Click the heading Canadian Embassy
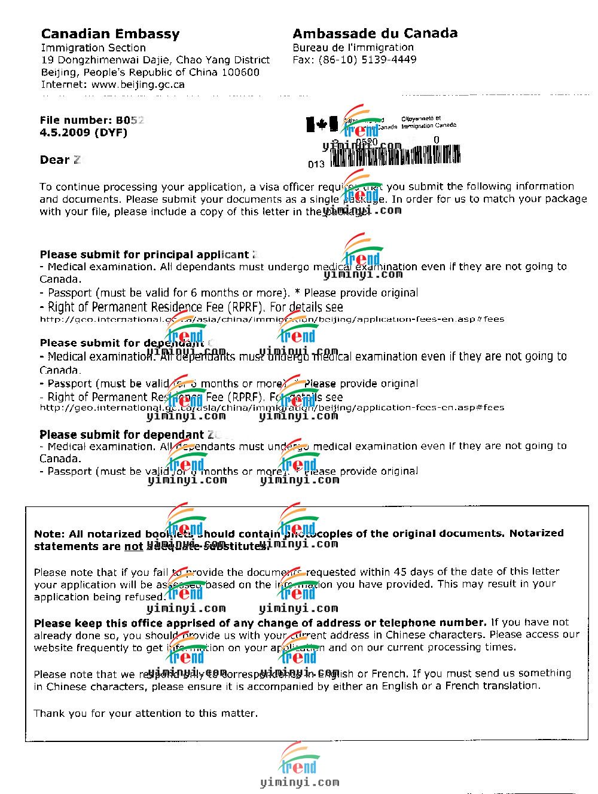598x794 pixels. tap(110, 34)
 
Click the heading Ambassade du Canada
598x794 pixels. tap(375, 33)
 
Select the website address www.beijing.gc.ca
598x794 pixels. tap(138, 85)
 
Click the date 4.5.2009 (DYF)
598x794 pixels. tap(83, 133)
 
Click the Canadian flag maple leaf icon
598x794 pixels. tap(322, 124)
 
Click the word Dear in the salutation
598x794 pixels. tap(54, 160)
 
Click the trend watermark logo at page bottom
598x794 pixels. tap(298, 759)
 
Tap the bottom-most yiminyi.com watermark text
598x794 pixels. tap(300, 782)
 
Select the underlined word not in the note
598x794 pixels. tap(133, 546)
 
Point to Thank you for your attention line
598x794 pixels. tap(146, 713)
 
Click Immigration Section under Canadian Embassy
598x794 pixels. tap(93, 48)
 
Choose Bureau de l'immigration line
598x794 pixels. tap(353, 47)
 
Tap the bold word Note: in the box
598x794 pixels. tap(49, 534)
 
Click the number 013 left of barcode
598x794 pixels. tap(316, 164)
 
